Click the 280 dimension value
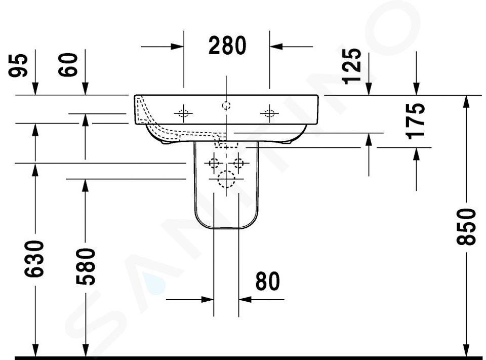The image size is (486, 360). [227, 46]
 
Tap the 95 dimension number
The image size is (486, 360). [18, 65]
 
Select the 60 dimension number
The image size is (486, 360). [68, 64]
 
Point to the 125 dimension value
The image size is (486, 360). [351, 66]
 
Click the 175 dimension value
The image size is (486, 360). [415, 121]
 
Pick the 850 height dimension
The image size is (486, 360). [466, 227]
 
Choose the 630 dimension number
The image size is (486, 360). [34, 259]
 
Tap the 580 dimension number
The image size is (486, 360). [86, 267]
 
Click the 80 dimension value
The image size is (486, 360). [267, 281]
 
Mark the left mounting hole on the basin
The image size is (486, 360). [183, 113]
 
